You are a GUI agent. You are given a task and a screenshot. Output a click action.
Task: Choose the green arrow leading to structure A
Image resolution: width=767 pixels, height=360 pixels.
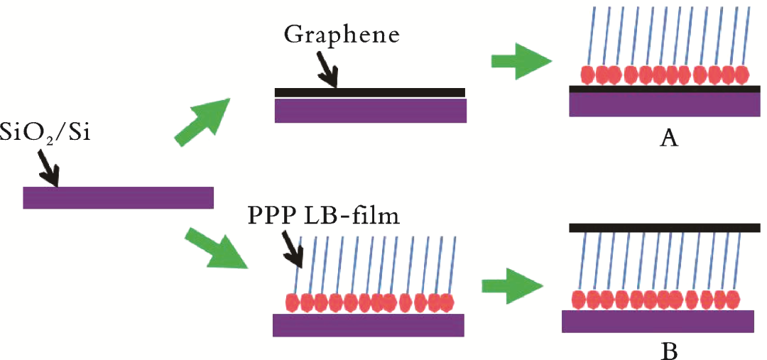pos(521,62)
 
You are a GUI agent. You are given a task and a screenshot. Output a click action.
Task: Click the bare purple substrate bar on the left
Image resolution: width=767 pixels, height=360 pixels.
pos(118,197)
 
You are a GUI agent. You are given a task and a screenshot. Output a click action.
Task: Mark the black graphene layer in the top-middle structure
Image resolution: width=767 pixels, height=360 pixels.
pos(369,92)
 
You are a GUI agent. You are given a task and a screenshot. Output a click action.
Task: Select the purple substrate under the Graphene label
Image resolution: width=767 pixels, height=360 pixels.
pos(370,110)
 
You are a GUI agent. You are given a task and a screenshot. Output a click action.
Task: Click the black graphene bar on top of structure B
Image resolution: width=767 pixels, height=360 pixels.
pos(665,227)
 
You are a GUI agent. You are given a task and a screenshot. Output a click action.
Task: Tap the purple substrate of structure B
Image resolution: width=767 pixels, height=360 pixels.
pos(658,321)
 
